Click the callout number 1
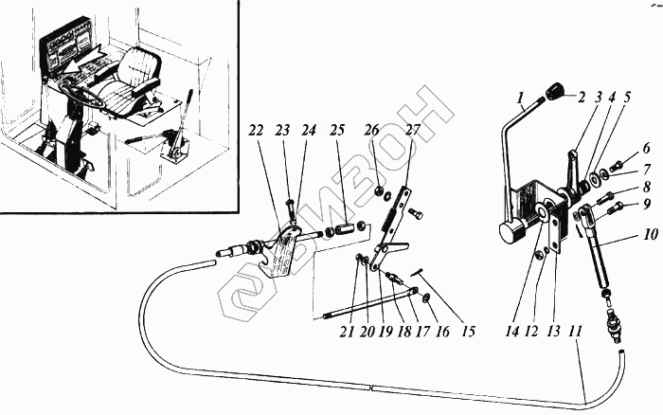point(520,97)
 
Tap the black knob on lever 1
point(552,91)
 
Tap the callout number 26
point(372,130)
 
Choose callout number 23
point(281,130)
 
